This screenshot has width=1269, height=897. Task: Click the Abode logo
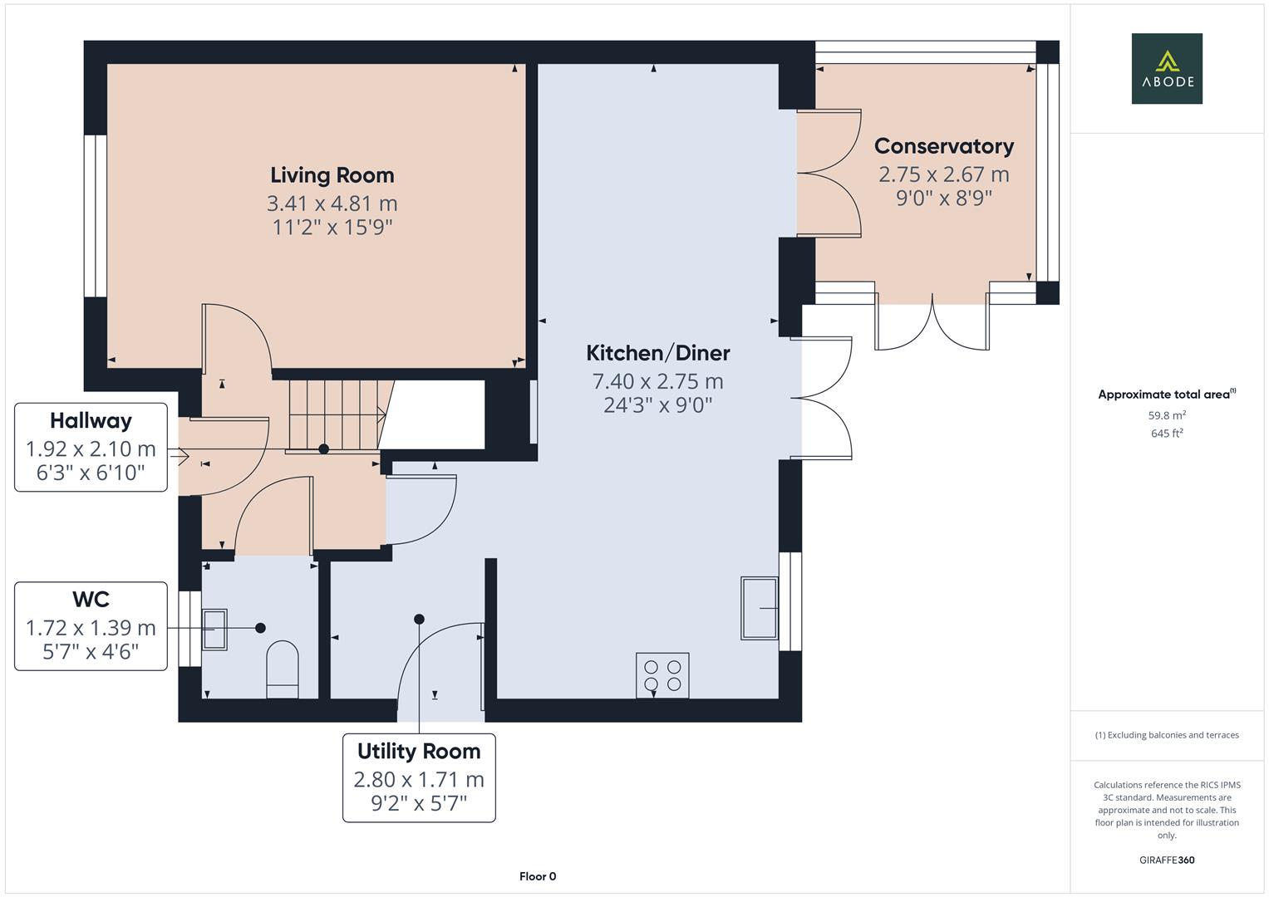point(1167,68)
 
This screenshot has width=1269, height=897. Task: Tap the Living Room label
point(332,175)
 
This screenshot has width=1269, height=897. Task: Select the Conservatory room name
point(944,146)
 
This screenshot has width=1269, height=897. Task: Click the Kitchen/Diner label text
point(657,353)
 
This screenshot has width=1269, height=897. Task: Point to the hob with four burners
point(662,675)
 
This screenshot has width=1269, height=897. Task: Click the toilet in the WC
point(282,669)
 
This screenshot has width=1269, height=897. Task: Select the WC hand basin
point(214,629)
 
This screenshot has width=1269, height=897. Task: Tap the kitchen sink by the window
point(759,608)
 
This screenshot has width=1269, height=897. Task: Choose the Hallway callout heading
point(91,421)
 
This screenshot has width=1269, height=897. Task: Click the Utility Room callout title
point(419,752)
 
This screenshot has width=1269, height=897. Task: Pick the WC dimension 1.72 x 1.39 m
point(91,627)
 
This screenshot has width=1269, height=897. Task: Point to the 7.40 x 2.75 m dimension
point(657,381)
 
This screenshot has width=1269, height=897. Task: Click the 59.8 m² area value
point(1167,415)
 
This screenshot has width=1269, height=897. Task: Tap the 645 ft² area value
point(1167,434)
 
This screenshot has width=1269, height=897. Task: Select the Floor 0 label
point(538,876)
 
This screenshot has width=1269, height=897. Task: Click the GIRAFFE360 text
point(1167,860)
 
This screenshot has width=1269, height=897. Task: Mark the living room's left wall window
point(96,216)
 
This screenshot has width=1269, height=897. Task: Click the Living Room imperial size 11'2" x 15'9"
point(332,227)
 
